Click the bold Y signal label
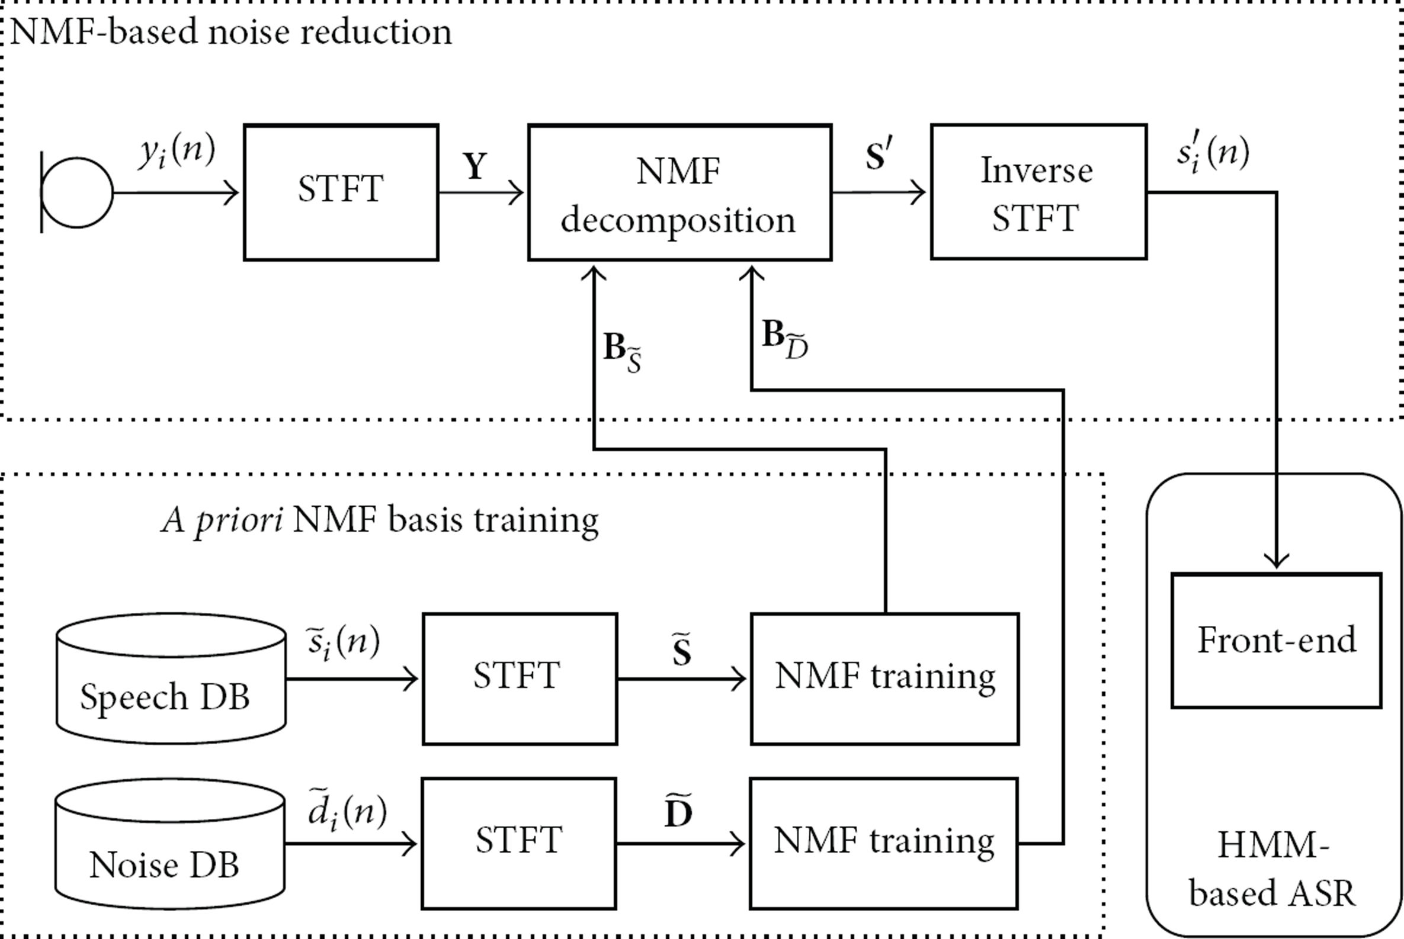pyautogui.click(x=475, y=166)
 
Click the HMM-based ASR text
pyautogui.click(x=1272, y=869)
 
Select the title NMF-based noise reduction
pyautogui.click(x=231, y=31)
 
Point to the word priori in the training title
pyautogui.click(x=239, y=520)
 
